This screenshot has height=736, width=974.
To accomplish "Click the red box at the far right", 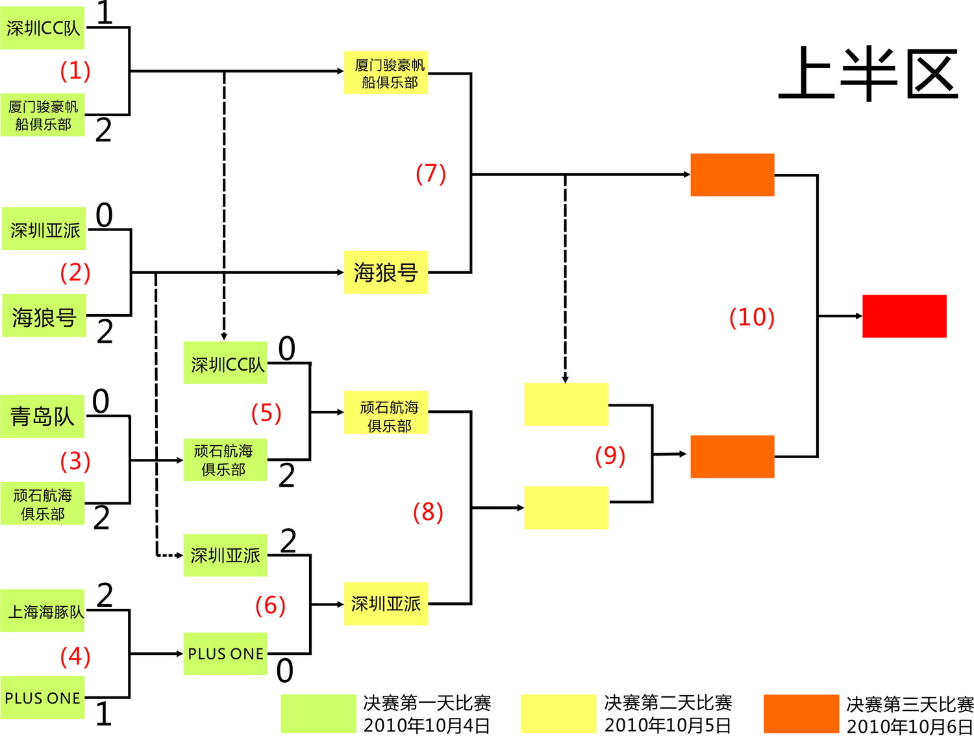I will pyautogui.click(x=904, y=316).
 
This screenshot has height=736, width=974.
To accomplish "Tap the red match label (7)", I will pyautogui.click(x=431, y=174).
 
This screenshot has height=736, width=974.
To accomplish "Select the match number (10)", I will pyautogui.click(x=751, y=317).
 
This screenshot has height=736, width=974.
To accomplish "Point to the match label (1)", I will pyautogui.click(x=75, y=71).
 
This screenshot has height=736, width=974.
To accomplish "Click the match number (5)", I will pyautogui.click(x=266, y=413).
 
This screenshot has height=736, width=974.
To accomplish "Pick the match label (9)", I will pyautogui.click(x=610, y=456).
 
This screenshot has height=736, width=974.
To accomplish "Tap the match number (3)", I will pyautogui.click(x=75, y=461).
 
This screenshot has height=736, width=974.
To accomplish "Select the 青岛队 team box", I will pyautogui.click(x=42, y=416).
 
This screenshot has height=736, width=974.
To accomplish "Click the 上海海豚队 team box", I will pyautogui.click(x=43, y=611).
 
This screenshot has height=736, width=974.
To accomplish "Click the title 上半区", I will pyautogui.click(x=868, y=73).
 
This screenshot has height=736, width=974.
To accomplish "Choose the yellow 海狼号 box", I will pyautogui.click(x=386, y=273).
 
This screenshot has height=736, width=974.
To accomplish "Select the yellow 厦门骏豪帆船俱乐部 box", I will pyautogui.click(x=386, y=73).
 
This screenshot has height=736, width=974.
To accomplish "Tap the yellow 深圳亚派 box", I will pyautogui.click(x=386, y=604).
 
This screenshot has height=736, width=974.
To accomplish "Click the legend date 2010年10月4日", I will pyautogui.click(x=426, y=725).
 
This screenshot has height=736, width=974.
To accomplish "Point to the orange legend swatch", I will pyautogui.click(x=801, y=713).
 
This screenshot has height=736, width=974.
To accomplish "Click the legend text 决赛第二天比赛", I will pyautogui.click(x=668, y=703).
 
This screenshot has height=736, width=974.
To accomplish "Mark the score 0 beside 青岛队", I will pyautogui.click(x=101, y=401).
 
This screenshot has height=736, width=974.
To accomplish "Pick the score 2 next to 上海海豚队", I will pyautogui.click(x=105, y=595).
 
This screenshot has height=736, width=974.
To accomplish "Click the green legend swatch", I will pyautogui.click(x=318, y=713).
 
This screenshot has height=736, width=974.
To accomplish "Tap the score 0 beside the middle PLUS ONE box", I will pyautogui.click(x=284, y=670).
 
